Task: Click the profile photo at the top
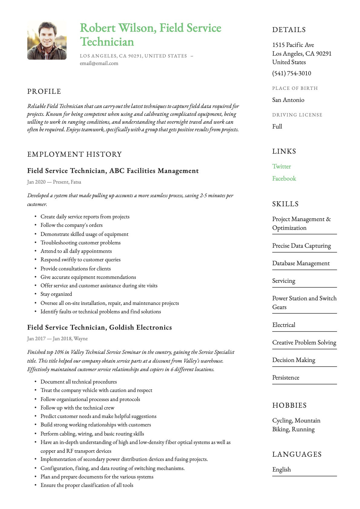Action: (47, 41)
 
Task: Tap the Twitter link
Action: (281, 166)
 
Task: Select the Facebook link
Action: (284, 178)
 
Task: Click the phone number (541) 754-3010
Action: (292, 73)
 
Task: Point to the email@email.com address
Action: (99, 63)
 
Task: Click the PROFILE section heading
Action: (44, 91)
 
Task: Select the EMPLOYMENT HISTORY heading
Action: (74, 154)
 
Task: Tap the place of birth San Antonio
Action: (288, 100)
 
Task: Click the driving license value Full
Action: (277, 126)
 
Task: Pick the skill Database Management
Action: (301, 263)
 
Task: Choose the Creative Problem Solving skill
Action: (304, 342)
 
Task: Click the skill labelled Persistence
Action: (286, 377)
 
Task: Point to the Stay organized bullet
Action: (56, 294)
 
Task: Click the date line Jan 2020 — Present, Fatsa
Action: (54, 182)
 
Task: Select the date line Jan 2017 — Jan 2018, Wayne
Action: (57, 338)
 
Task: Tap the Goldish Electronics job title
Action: (100, 327)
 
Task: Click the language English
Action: (281, 469)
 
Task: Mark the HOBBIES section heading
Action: (290, 405)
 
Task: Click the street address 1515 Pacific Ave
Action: (293, 45)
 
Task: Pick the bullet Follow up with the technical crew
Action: (77, 408)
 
